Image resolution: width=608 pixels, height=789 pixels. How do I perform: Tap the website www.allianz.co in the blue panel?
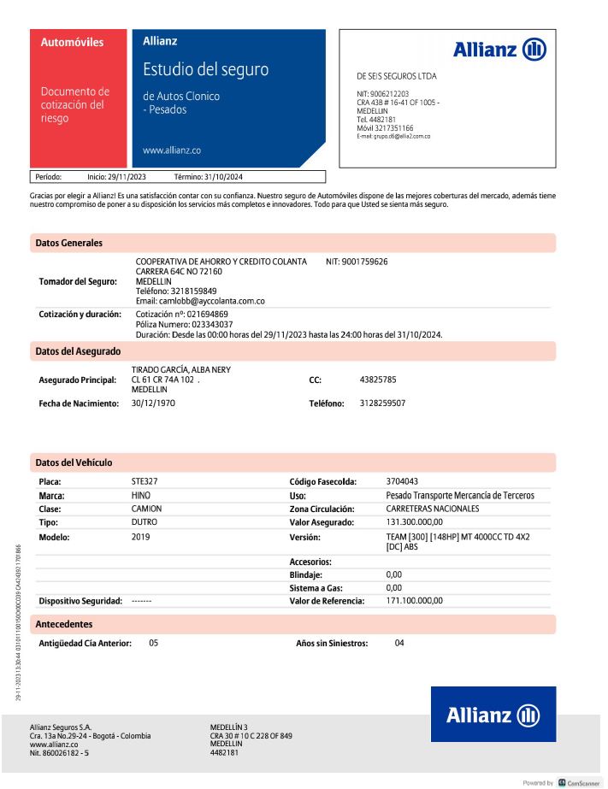pyautogui.click(x=172, y=150)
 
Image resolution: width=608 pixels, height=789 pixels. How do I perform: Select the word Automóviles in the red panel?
pyautogui.click(x=73, y=43)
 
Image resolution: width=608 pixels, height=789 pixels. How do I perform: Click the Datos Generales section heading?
pyautogui.click(x=68, y=243)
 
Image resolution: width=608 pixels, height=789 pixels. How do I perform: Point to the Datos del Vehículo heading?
pyautogui.click(x=74, y=462)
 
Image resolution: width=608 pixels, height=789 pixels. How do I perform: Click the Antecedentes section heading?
pyautogui.click(x=64, y=624)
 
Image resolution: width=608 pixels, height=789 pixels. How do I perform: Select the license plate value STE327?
pyautogui.click(x=145, y=481)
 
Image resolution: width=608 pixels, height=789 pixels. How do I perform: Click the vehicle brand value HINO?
pyautogui.click(x=140, y=495)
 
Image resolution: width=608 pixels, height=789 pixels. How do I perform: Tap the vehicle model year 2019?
pyautogui.click(x=140, y=537)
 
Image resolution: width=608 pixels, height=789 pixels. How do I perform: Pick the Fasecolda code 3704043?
pyautogui.click(x=402, y=481)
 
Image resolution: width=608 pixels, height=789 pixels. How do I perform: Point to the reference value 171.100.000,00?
pyautogui.click(x=415, y=601)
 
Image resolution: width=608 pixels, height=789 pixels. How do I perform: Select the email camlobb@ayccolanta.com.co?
pyautogui.click(x=200, y=301)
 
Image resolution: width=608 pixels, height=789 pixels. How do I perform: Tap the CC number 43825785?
pyautogui.click(x=378, y=379)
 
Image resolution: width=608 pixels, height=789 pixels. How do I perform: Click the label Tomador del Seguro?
pyautogui.click(x=78, y=281)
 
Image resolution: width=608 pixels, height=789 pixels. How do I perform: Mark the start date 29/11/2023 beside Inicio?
pyautogui.click(x=127, y=177)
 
